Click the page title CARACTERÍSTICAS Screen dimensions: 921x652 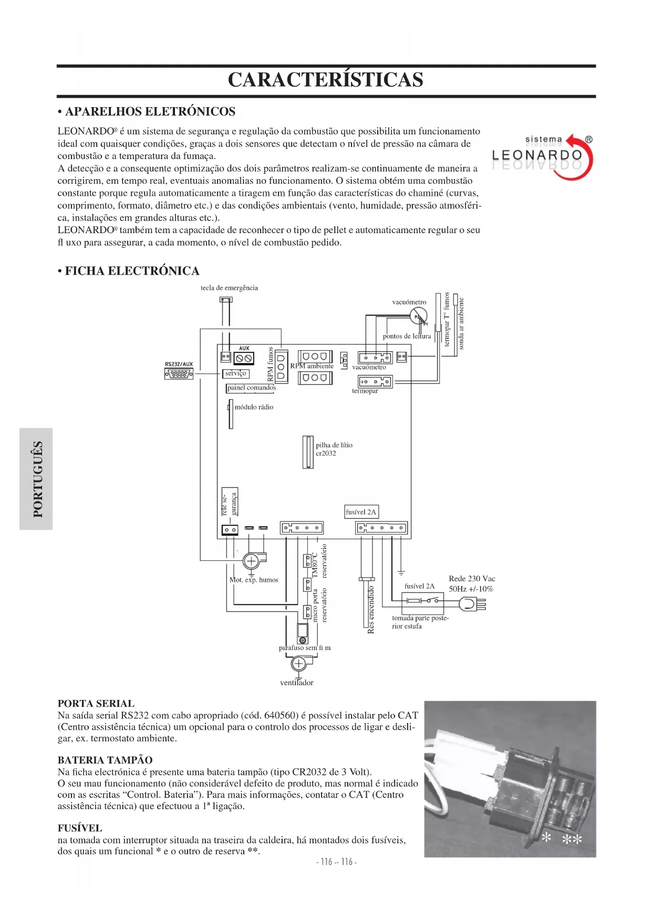[325, 80]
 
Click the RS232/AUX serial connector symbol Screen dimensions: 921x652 [179, 374]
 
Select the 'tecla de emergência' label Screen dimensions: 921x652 [229, 288]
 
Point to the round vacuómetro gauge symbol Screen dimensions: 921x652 [418, 316]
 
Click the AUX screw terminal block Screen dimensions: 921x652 [244, 358]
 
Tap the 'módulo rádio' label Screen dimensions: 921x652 [254, 407]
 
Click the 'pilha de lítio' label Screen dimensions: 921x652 [334, 445]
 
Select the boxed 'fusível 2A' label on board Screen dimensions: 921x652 [361, 512]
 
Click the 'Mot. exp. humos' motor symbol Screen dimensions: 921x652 [252, 561]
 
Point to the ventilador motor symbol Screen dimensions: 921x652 [298, 664]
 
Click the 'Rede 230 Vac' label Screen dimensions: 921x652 [472, 579]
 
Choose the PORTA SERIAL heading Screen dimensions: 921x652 [96, 704]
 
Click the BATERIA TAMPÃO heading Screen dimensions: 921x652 [105, 760]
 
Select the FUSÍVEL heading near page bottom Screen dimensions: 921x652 [80, 828]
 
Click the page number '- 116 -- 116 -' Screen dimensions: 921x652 [337, 862]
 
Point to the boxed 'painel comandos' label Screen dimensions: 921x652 [251, 388]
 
